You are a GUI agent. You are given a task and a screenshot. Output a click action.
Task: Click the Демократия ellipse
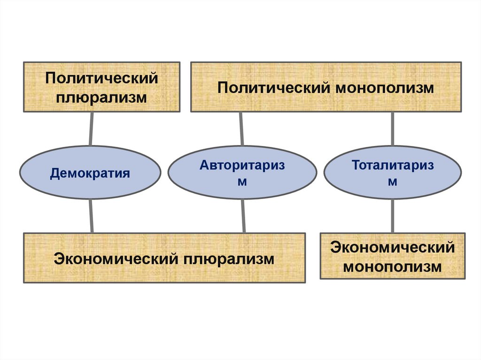pos(90,172)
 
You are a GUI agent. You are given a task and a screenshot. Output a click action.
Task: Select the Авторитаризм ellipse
pos(242,172)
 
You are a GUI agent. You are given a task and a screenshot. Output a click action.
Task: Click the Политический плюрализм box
pos(101,87)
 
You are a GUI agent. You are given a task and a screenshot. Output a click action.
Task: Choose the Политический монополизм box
pos(325,87)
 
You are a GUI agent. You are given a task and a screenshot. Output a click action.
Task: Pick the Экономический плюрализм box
pos(164,258)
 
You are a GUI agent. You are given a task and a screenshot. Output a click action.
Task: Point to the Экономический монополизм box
pos(393,256)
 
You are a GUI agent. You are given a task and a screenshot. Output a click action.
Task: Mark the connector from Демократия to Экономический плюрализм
pos(91,215)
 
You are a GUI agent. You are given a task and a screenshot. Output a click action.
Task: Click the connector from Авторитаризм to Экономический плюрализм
pos(243,215)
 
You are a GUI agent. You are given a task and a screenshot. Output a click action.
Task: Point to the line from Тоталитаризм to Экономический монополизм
pos(393,215)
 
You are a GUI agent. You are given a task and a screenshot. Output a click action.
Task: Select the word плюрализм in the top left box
pos(102,98)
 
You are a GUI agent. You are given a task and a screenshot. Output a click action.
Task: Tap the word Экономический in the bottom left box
pos(117,259)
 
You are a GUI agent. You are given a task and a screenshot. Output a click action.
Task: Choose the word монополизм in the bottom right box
pos(393,267)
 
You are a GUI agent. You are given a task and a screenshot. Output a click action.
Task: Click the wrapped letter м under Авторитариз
pos(242,181)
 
